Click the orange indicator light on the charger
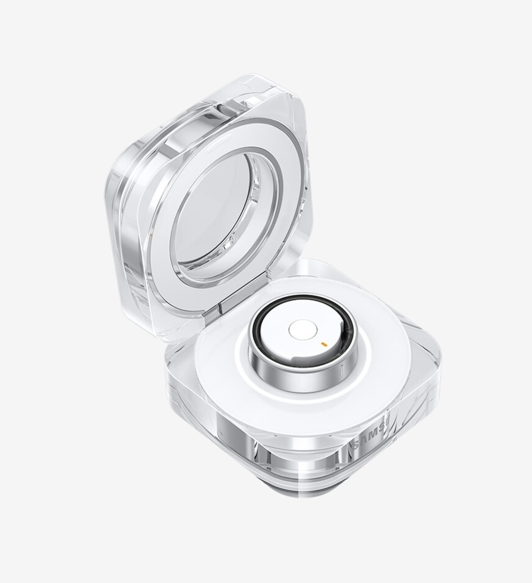click(323, 344)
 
